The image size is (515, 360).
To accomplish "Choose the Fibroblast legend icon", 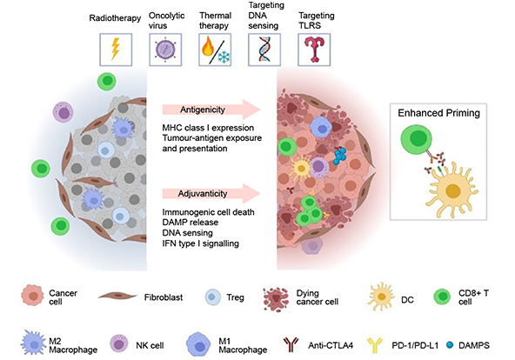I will tap(113, 295).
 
